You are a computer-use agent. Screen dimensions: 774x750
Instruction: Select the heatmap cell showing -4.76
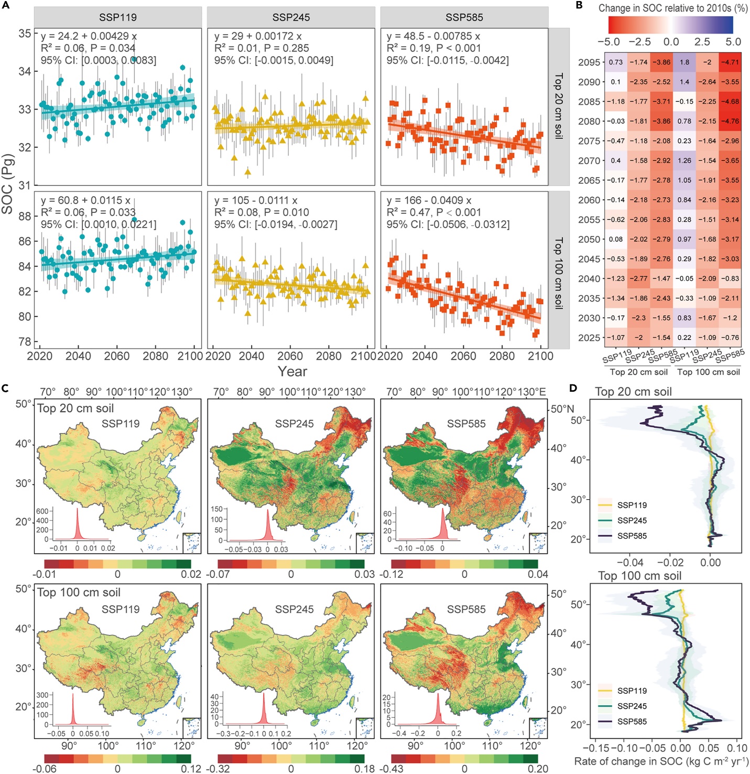click(x=730, y=121)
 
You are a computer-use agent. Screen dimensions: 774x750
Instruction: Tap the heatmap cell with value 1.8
click(x=684, y=62)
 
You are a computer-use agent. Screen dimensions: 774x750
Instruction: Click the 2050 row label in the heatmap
click(x=589, y=239)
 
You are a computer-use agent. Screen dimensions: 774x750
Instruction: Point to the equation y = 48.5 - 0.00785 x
click(x=433, y=36)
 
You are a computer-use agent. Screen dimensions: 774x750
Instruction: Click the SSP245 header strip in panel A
click(x=291, y=17)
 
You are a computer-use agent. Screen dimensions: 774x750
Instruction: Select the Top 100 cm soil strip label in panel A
click(x=559, y=273)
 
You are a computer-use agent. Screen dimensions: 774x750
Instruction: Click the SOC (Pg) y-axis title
click(x=7, y=184)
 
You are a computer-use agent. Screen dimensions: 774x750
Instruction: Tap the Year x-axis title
click(x=292, y=371)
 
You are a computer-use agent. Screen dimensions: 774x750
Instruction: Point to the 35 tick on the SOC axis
click(x=25, y=34)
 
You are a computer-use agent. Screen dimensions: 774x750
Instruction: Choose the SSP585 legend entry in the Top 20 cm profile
click(x=632, y=536)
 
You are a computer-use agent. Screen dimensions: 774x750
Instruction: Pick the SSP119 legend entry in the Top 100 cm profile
click(x=632, y=691)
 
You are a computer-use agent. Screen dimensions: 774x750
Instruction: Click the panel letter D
click(x=573, y=388)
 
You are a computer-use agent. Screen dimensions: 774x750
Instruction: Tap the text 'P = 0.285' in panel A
click(x=285, y=48)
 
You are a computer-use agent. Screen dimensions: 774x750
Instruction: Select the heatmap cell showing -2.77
click(x=638, y=278)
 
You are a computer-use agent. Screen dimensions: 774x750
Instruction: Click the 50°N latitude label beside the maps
click(x=562, y=409)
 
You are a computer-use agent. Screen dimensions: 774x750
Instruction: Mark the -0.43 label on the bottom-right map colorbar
click(x=401, y=769)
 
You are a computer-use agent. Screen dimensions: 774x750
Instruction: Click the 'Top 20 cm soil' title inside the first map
click(x=75, y=408)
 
